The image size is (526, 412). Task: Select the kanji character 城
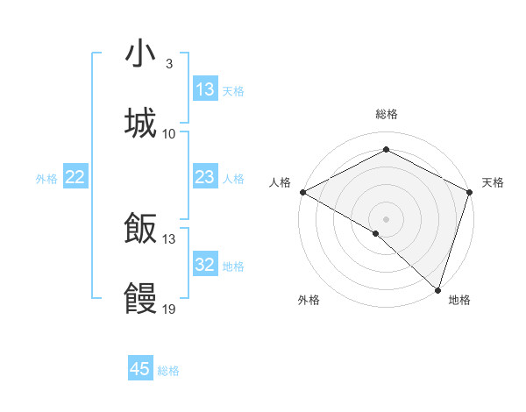pyautogui.click(x=140, y=124)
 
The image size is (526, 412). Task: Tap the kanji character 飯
pyautogui.click(x=140, y=229)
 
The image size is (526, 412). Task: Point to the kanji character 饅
pyautogui.click(x=140, y=299)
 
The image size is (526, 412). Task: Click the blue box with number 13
pyautogui.click(x=205, y=89)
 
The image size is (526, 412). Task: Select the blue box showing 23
pyautogui.click(x=205, y=177)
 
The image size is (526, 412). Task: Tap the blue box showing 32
pyautogui.click(x=205, y=265)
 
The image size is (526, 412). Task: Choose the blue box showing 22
pyautogui.click(x=75, y=177)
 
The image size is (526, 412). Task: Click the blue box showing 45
pyautogui.click(x=140, y=369)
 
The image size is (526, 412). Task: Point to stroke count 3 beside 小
pyautogui.click(x=168, y=64)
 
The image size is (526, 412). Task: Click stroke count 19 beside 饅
pyautogui.click(x=169, y=309)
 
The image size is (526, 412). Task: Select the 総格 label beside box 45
pyautogui.click(x=168, y=371)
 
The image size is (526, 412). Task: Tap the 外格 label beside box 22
pyautogui.click(x=46, y=179)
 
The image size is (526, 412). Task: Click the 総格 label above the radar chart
pyautogui.click(x=386, y=114)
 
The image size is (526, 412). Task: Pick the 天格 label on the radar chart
pyautogui.click(x=493, y=182)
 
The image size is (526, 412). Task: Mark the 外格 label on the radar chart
pyautogui.click(x=308, y=300)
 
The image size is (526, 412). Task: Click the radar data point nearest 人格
pyautogui.click(x=302, y=192)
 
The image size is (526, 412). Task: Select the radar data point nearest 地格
pyautogui.click(x=437, y=290)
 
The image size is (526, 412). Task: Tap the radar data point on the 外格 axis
pyautogui.click(x=376, y=233)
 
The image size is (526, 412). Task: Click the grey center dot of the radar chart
pyautogui.click(x=386, y=218)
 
